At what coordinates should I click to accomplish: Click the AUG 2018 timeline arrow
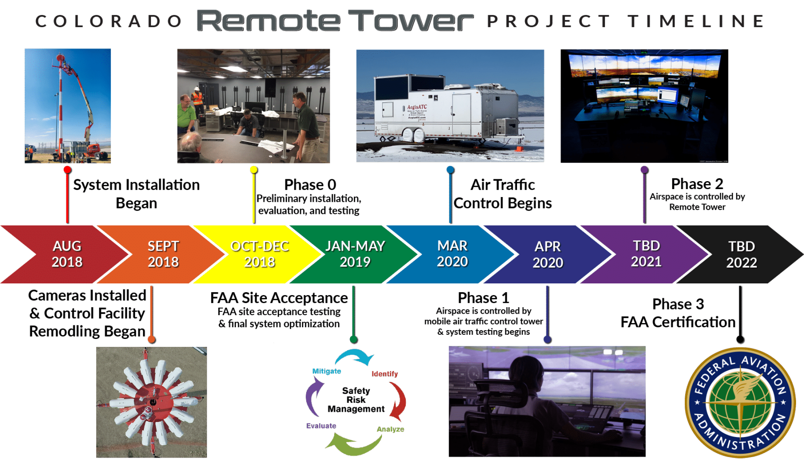click(x=67, y=254)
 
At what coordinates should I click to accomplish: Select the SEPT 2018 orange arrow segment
click(x=163, y=254)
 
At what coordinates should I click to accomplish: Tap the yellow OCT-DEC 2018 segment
click(x=260, y=254)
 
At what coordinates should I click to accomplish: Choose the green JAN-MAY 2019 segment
click(x=355, y=254)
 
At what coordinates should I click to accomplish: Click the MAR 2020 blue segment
click(x=452, y=254)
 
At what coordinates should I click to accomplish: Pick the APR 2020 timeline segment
click(x=548, y=254)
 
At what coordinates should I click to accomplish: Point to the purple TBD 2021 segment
click(x=646, y=254)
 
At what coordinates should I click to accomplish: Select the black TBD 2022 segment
click(x=741, y=254)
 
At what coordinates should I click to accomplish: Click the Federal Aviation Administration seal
click(x=740, y=402)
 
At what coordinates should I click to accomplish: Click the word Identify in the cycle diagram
click(x=385, y=373)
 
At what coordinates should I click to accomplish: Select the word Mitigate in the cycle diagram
click(x=327, y=371)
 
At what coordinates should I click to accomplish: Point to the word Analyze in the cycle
click(x=390, y=429)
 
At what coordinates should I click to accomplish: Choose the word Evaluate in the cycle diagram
click(x=321, y=426)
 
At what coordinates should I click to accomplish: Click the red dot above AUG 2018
click(x=67, y=169)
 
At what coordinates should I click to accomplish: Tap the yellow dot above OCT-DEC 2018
click(x=253, y=169)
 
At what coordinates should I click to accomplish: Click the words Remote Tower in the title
click(x=334, y=21)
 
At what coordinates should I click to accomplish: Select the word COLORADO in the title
click(x=108, y=21)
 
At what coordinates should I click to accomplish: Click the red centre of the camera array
click(x=152, y=402)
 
